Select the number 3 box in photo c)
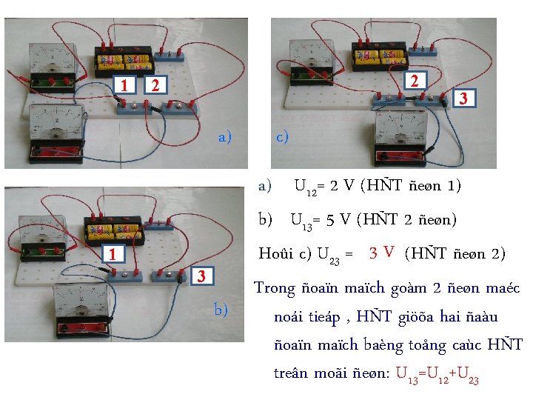[463, 98]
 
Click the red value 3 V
[383, 253]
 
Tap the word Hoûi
[277, 253]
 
